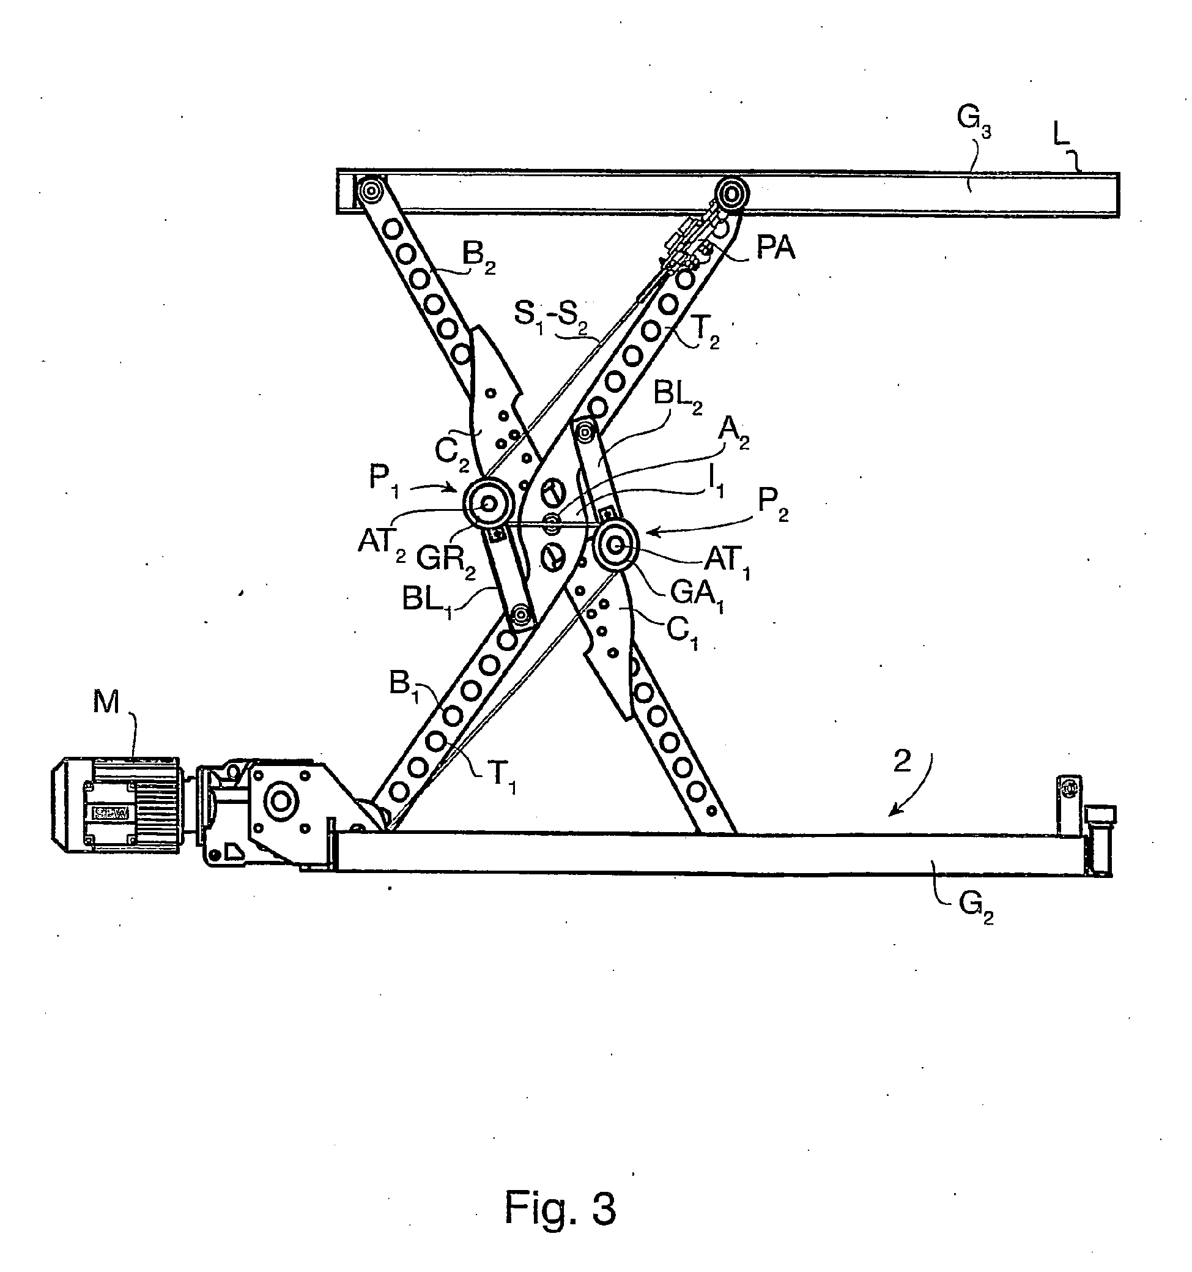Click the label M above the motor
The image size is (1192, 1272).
(x=106, y=702)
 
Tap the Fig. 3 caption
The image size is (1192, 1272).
(x=560, y=1207)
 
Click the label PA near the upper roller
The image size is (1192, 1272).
(x=776, y=248)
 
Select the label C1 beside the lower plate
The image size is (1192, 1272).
(x=684, y=633)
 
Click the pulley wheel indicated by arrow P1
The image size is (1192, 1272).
(x=489, y=504)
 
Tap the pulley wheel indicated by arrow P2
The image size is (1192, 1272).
(x=616, y=545)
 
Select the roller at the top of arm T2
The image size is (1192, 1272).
(x=731, y=192)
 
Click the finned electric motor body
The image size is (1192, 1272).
(x=115, y=805)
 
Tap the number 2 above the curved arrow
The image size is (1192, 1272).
(x=901, y=761)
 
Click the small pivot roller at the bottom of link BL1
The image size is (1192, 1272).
(x=522, y=616)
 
